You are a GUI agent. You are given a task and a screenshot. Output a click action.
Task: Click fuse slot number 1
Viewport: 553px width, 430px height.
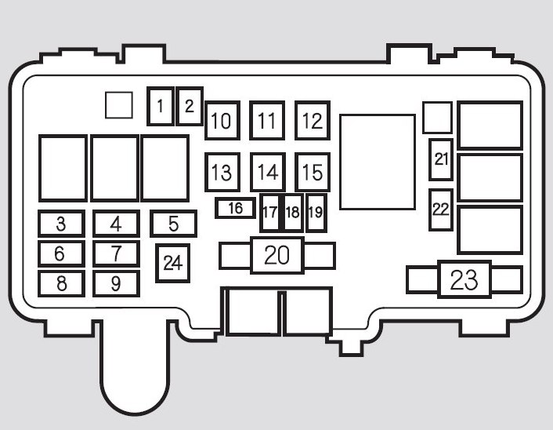tap(161, 107)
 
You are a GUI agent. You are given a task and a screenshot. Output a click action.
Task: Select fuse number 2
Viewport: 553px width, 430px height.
tap(190, 107)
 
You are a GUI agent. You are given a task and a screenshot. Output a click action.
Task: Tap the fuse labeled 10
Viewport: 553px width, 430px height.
tap(222, 121)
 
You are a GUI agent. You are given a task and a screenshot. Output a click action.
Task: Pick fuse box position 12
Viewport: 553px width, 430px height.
tap(313, 121)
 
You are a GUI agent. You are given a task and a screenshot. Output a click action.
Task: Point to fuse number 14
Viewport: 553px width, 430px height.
tap(268, 172)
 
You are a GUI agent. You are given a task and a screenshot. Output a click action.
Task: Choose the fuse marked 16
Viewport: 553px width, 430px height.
tap(235, 208)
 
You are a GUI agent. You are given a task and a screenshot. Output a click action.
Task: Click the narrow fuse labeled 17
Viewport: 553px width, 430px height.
tap(269, 213)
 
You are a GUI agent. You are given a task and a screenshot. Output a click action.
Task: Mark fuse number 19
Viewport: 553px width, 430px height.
tap(316, 213)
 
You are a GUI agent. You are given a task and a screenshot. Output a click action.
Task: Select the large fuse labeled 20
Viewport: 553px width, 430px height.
tap(277, 256)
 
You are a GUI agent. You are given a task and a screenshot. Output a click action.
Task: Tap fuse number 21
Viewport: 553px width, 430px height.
tap(441, 160)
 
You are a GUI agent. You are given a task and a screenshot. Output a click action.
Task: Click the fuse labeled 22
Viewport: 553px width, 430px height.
tap(441, 210)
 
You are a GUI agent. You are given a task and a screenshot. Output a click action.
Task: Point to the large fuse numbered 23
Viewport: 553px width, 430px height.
tap(464, 279)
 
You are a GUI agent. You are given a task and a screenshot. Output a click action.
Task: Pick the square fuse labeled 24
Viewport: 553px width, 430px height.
tap(173, 263)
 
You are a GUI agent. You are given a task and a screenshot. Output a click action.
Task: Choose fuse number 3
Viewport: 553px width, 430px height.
tap(61, 224)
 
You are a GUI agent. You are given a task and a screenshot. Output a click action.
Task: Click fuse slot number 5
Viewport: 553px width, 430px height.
tap(174, 224)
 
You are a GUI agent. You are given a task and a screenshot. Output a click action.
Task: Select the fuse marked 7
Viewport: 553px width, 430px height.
tap(116, 253)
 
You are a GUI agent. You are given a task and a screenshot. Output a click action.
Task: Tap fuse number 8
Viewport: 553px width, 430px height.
tap(61, 284)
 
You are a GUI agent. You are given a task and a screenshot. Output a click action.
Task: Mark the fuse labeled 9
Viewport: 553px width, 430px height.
tap(116, 284)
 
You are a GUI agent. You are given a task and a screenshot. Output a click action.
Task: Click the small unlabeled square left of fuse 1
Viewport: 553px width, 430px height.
tap(119, 105)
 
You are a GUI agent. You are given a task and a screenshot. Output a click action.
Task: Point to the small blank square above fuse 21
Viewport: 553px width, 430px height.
tap(437, 118)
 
